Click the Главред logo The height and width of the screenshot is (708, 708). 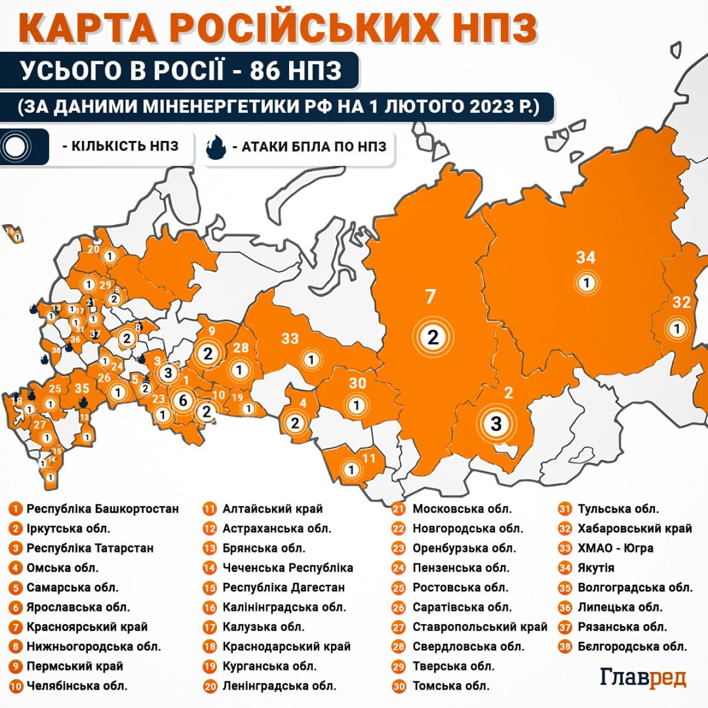pyautogui.click(x=643, y=677)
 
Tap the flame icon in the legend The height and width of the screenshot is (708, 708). pyautogui.click(x=217, y=147)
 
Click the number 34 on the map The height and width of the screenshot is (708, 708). pyautogui.click(x=586, y=257)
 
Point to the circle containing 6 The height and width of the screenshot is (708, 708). pyautogui.click(x=183, y=401)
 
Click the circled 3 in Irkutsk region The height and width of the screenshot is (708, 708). pyautogui.click(x=496, y=423)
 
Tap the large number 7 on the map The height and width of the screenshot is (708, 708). pyautogui.click(x=431, y=296)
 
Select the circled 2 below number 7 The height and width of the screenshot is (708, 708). pyautogui.click(x=433, y=337)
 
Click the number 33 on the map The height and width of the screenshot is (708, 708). pyautogui.click(x=290, y=339)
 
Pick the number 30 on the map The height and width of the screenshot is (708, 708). pyautogui.click(x=358, y=383)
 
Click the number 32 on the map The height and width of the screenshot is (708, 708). pyautogui.click(x=681, y=302)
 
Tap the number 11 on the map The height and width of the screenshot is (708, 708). pyautogui.click(x=369, y=458)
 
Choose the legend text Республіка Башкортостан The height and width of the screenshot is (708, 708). pyautogui.click(x=102, y=509)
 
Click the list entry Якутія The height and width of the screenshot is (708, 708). pyautogui.click(x=596, y=568)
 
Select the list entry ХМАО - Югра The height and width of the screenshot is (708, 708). pyautogui.click(x=615, y=548)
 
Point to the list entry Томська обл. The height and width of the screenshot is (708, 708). pyautogui.click(x=451, y=686)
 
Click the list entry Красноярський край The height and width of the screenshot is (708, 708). pyautogui.click(x=87, y=627)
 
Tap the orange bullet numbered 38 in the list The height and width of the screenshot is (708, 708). pyautogui.click(x=565, y=647)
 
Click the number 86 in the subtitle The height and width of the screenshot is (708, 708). pyautogui.click(x=264, y=71)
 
